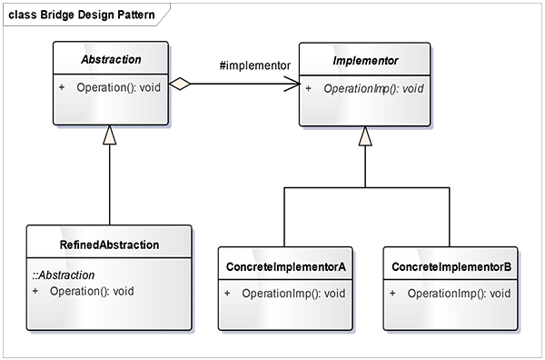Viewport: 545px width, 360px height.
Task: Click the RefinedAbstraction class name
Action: coord(109,245)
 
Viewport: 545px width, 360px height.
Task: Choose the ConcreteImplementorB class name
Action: coord(451,266)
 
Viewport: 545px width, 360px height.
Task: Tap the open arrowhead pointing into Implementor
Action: coord(293,84)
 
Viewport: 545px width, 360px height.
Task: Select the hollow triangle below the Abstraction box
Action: coord(110,135)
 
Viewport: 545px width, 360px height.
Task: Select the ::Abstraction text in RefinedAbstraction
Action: coord(64,275)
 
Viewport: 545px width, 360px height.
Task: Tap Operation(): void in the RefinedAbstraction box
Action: coord(92,291)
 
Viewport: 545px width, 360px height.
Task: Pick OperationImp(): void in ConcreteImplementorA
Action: coord(294,294)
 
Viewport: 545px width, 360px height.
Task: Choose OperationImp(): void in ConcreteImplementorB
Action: coord(458,294)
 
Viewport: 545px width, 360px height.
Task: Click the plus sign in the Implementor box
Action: coord(309,88)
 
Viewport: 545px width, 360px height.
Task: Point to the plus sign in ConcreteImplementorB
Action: coord(392,294)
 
